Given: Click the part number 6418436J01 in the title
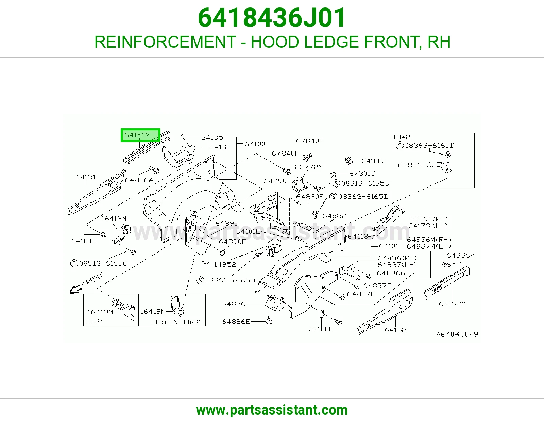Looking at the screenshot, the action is click(x=272, y=18).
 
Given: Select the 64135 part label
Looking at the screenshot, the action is click(x=212, y=137).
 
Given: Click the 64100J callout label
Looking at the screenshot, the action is click(x=374, y=161).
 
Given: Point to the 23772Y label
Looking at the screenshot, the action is click(x=309, y=167).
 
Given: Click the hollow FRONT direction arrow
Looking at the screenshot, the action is click(x=75, y=289).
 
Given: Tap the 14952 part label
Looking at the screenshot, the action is click(x=225, y=264).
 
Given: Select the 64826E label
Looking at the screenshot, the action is click(x=236, y=322).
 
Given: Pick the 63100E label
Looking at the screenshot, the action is click(x=321, y=329).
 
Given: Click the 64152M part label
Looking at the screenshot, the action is click(x=452, y=304).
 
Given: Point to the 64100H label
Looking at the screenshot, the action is click(x=84, y=241).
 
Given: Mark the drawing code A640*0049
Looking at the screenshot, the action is click(x=457, y=334).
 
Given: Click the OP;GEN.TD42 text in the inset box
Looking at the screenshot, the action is click(x=176, y=322).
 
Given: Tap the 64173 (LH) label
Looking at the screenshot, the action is click(x=428, y=226).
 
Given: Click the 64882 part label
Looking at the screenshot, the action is click(x=334, y=216).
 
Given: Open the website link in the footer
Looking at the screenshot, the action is click(x=272, y=410).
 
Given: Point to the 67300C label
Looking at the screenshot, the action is click(x=362, y=174).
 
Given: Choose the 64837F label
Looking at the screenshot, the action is click(x=361, y=294).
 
